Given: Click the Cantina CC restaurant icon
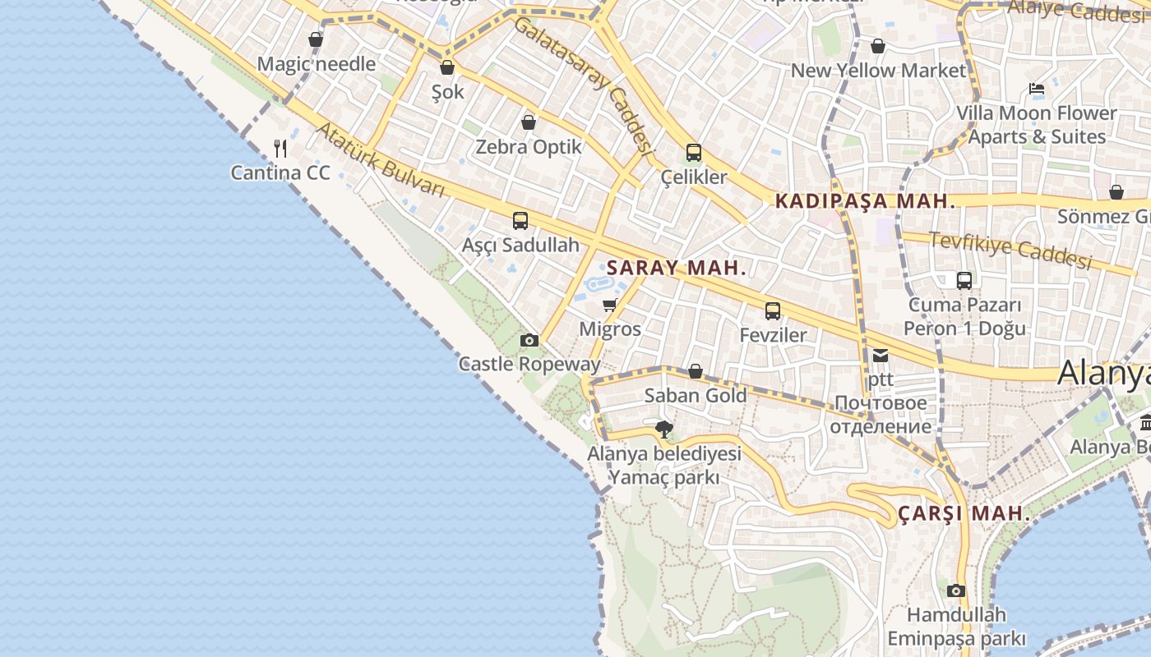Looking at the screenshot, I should point(280,149).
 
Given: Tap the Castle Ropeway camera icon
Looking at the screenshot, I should point(529,340).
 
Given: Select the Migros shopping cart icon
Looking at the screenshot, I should point(609,306).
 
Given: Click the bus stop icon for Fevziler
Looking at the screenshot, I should point(773,310).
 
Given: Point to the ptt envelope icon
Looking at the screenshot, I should point(881,356).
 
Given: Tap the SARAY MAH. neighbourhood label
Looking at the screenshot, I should point(676,268).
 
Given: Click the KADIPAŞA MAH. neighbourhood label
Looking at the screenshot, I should point(866,201).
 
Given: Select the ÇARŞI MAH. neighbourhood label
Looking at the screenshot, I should point(964,514).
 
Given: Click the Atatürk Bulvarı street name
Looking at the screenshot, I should point(380,160).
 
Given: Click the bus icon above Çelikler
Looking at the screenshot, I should point(694,152).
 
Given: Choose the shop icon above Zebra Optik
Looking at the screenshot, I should point(529,122).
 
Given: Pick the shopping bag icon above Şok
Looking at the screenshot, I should point(447,67).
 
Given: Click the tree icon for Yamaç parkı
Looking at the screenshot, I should point(663,429).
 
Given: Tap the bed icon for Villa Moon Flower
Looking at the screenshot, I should point(1037,89).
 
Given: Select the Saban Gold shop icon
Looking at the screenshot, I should point(695,371).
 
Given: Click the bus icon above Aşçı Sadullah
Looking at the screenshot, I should point(520,220).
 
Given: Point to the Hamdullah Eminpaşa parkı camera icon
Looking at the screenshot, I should point(955,590).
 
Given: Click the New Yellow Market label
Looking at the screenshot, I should point(878,71).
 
